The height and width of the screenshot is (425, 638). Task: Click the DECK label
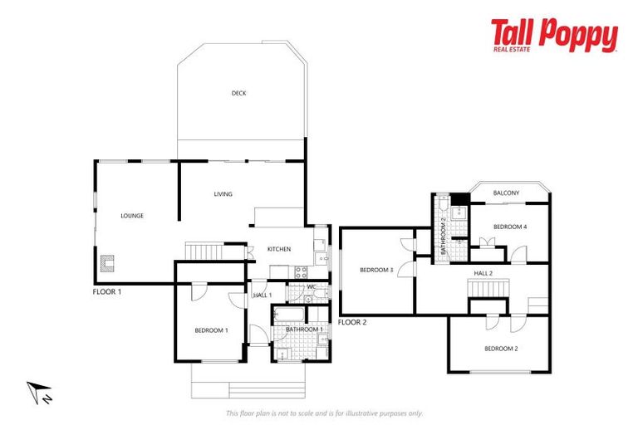[238, 93]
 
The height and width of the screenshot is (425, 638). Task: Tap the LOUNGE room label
[132, 216]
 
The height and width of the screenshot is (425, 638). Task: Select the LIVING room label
[223, 194]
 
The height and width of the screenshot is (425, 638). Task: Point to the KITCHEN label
[278, 249]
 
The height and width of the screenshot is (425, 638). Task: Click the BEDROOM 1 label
[211, 330]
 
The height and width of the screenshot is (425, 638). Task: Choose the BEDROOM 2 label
[501, 349]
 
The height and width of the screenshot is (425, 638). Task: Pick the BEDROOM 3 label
[375, 270]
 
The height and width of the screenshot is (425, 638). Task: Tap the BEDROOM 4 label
[510, 227]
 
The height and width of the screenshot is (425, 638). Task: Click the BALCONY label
[506, 193]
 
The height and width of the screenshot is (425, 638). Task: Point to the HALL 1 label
[263, 296]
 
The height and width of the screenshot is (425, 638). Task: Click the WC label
[311, 287]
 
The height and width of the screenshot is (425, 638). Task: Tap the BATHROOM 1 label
[304, 330]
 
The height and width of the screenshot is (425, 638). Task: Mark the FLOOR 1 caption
[108, 291]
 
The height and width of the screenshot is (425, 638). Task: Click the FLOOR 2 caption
[352, 321]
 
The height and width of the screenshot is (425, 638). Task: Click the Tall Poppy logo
[553, 37]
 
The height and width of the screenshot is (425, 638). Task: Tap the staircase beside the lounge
[204, 251]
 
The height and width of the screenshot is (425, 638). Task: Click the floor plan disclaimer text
[324, 413]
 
